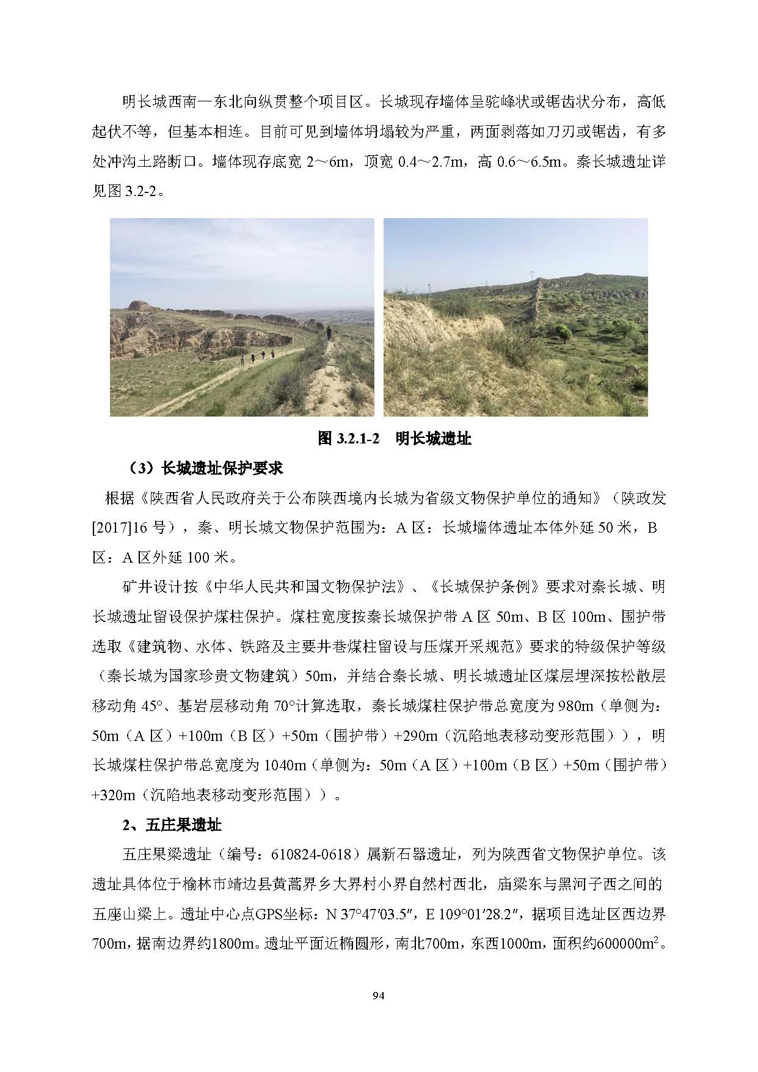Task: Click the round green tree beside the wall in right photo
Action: click(x=564, y=333)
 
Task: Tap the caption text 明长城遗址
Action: click(x=433, y=439)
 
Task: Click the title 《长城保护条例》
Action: click(x=485, y=587)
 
